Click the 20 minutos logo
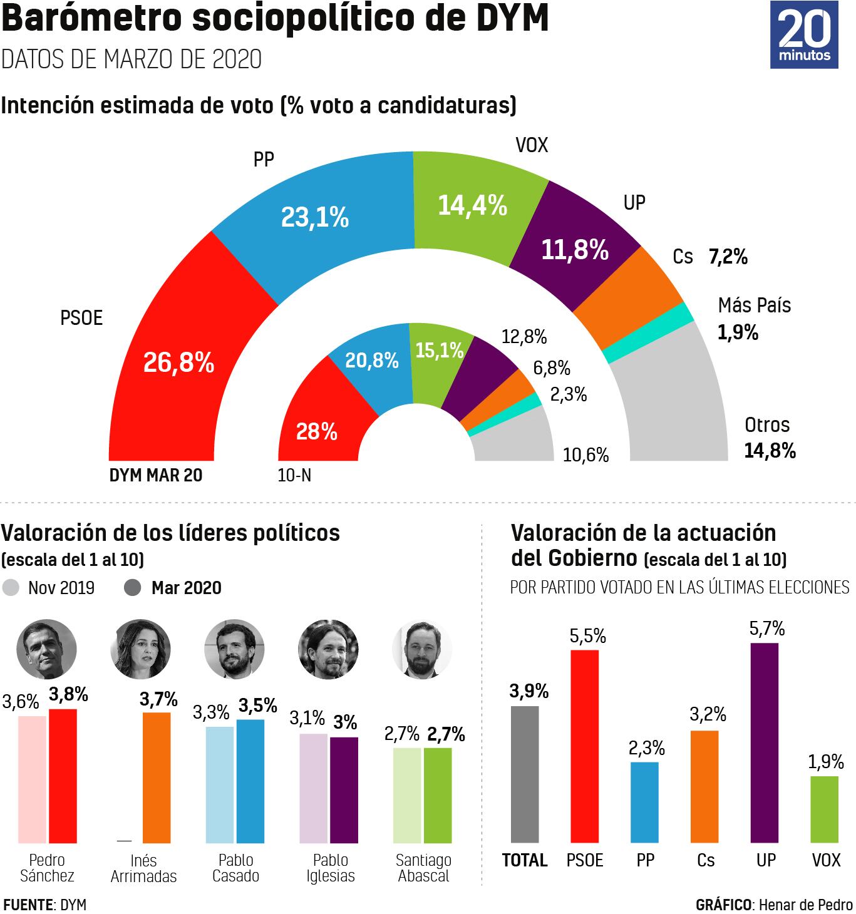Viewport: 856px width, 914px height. coord(804,35)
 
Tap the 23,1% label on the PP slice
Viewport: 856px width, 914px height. coord(314,217)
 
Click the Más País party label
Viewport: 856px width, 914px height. coord(754,306)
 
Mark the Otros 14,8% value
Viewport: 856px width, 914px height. coord(770,450)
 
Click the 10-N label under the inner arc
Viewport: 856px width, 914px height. coord(294,476)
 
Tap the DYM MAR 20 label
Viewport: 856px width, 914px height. coord(156,475)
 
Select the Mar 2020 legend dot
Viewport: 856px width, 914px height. coord(133,588)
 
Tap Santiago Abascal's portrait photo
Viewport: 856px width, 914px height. coord(422,649)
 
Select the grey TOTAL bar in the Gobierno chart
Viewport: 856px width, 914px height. coord(525,774)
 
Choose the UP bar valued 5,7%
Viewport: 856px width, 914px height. coord(764,742)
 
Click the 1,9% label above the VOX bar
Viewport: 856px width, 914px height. coord(826,762)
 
